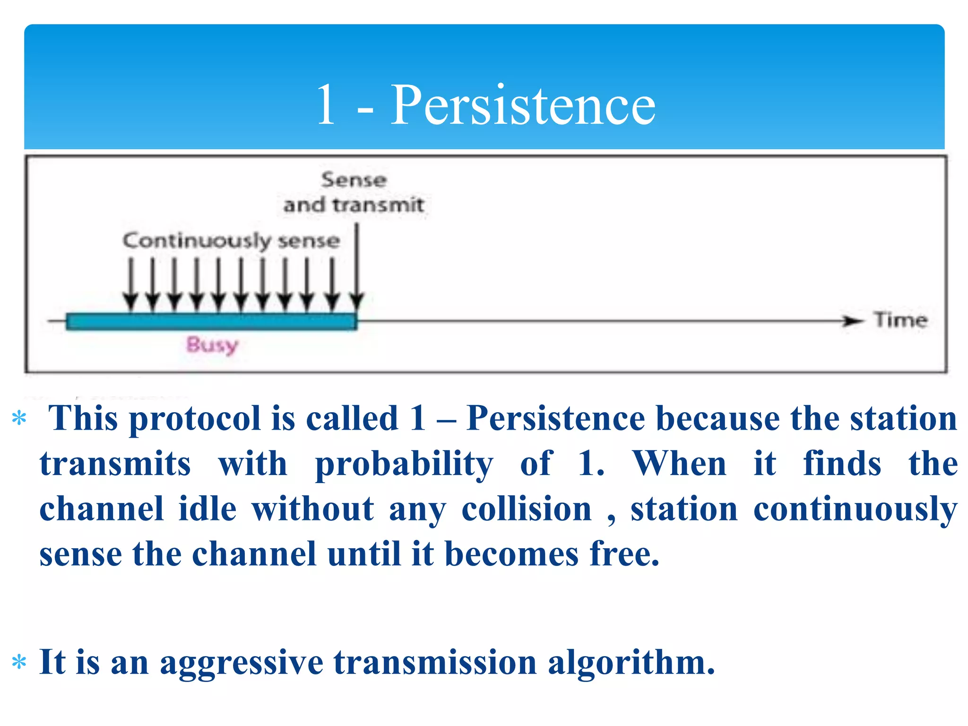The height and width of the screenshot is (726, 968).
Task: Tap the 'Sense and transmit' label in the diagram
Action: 354,193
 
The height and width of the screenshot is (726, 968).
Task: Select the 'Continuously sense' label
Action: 231,241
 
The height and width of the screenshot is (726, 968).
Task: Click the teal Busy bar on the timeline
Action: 211,321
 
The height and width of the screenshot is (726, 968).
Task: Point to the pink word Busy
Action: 212,345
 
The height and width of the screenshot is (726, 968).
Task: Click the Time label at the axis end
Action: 900,320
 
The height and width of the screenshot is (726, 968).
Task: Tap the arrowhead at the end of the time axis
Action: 853,321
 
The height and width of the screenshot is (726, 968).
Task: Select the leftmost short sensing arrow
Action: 130,284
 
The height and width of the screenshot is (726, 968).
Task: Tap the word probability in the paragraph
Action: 404,464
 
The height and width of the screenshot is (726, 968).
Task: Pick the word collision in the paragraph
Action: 526,510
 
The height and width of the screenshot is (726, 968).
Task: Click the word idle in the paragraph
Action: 207,510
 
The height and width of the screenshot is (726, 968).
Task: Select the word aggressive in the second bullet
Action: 241,663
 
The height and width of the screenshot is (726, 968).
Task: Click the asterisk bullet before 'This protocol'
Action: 19,419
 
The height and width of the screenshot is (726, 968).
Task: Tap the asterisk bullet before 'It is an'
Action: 19,663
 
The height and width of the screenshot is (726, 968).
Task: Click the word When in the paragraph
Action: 679,464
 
